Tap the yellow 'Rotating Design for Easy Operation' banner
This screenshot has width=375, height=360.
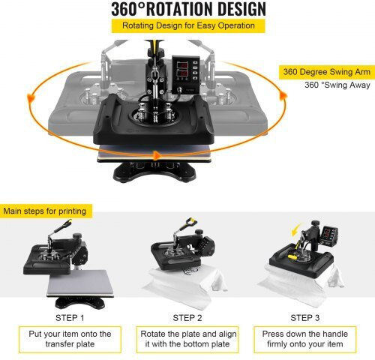[x=188, y=25]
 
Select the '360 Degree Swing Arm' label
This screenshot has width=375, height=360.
[x=327, y=72]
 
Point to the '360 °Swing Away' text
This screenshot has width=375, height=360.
[x=337, y=85]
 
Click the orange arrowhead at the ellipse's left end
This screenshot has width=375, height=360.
[x=31, y=98]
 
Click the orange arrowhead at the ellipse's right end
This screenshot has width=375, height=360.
[x=283, y=96]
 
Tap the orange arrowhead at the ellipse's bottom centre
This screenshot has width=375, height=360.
[x=157, y=155]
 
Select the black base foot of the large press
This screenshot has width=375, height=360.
[x=154, y=172]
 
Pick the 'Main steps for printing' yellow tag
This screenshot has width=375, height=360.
[x=45, y=211]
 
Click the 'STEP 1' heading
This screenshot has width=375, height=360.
[x=70, y=318]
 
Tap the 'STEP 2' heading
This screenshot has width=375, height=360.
[x=187, y=318]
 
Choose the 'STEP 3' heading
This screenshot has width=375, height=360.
[x=304, y=318]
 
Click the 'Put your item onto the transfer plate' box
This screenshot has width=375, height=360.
[x=70, y=339]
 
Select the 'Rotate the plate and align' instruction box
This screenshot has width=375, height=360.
[x=187, y=339]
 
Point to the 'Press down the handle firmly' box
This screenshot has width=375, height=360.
[x=305, y=339]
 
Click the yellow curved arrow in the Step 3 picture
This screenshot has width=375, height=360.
[x=296, y=229]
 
